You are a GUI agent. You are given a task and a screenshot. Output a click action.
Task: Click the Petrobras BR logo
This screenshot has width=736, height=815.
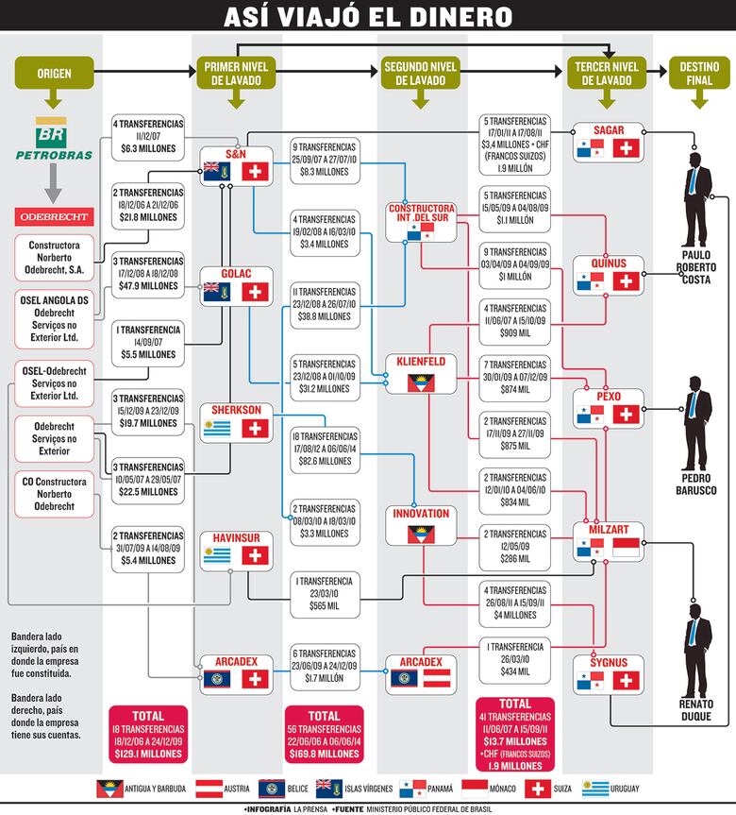pos(54,141)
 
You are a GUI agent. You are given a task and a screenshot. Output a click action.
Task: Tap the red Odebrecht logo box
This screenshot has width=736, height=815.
pos(54,216)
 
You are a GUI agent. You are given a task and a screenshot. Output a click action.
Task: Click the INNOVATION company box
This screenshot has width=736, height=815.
pos(421,525)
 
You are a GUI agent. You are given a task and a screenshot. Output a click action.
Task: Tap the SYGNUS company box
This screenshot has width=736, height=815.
pos(608,671)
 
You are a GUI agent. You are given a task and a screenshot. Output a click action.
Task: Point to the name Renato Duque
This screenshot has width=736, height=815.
pos(696,711)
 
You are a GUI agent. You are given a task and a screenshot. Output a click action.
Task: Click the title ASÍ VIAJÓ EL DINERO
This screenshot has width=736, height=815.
pos(368,17)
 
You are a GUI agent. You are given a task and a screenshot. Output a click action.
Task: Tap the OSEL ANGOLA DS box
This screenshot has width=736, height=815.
pos(54,317)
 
